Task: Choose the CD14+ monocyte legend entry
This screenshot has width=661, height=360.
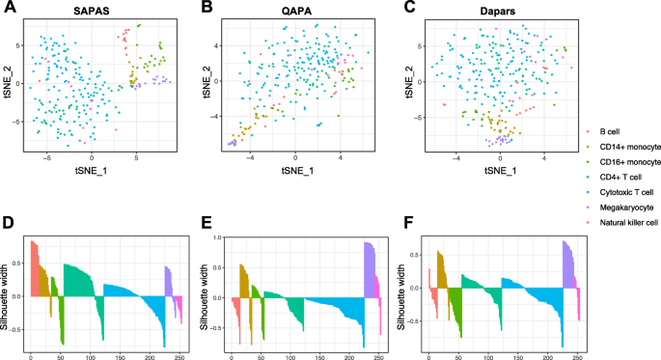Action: coord(627,146)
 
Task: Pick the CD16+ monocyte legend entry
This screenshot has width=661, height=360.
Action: coord(627,162)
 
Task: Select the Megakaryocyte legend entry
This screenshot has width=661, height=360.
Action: coord(625,211)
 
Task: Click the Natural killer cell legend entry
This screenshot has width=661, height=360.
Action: coord(630,228)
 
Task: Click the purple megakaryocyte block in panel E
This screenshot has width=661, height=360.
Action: coord(369,270)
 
